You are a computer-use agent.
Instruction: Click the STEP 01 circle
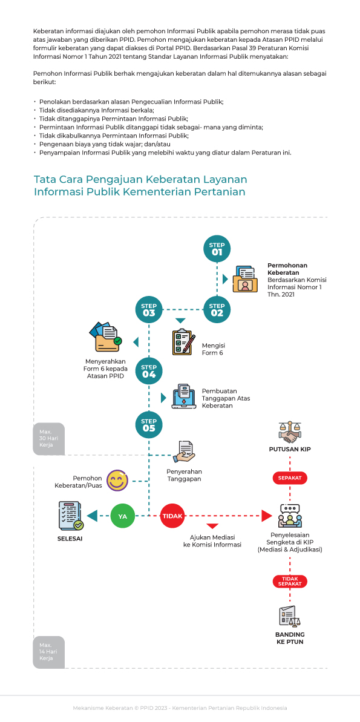tap(217, 248)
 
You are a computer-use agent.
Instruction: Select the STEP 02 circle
tap(217, 309)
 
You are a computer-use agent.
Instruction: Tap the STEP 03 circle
tap(149, 309)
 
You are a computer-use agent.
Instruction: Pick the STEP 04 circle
tap(149, 370)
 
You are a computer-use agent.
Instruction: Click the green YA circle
tap(123, 516)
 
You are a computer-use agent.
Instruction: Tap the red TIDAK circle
tap(172, 516)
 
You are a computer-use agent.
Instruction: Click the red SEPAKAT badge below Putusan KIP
tap(290, 478)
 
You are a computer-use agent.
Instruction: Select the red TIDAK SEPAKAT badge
tap(290, 581)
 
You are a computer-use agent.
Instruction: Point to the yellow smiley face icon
tap(117, 481)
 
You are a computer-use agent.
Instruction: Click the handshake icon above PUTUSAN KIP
tap(290, 432)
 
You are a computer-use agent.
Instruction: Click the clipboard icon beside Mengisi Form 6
tap(183, 342)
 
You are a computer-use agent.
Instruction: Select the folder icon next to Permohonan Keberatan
tap(245, 279)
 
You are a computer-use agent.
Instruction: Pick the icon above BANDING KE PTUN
tap(290, 616)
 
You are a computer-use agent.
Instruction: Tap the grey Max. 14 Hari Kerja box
tap(48, 652)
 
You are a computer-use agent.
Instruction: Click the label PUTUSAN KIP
tap(290, 449)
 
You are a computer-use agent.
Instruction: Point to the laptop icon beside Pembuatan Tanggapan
tap(184, 395)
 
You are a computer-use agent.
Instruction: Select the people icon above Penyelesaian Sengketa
tap(290, 516)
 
